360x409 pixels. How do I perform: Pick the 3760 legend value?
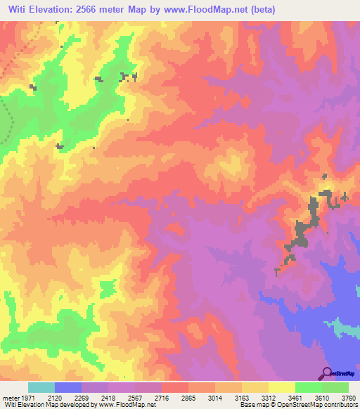coord(348,398)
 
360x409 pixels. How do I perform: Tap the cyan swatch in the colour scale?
coord(41,387)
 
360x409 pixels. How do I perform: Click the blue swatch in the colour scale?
coord(68,387)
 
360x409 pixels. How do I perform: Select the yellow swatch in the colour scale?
coord(281,387)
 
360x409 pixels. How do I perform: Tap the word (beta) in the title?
coord(261,10)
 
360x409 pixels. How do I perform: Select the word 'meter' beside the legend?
coord(11,398)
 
